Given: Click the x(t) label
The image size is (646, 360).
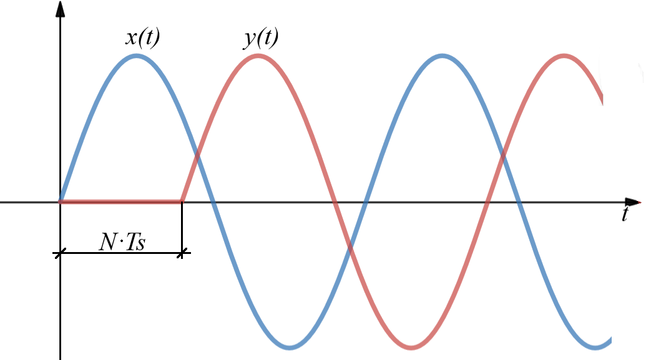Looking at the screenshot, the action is coord(142,38).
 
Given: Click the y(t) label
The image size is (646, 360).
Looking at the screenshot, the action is coord(261,38).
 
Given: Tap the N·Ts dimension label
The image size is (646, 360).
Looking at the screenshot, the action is coord(122,242).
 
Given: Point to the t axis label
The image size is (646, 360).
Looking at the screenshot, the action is coord(625,214).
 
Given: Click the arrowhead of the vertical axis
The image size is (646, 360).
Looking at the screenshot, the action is coord(60,9).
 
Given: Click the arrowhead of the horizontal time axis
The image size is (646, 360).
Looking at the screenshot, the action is coord(633,202).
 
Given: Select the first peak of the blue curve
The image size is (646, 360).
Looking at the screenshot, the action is coord(136,56).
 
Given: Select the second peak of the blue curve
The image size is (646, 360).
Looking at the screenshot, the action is coord(442,56).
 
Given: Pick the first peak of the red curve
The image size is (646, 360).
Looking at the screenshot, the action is coord(258,56).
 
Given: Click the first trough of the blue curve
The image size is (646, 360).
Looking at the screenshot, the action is coord(290,348).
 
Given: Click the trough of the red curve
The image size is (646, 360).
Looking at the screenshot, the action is coord(411,348).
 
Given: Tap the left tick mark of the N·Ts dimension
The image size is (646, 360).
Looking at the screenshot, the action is coord(60,253).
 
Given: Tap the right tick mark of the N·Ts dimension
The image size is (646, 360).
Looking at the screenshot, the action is coord(182,253).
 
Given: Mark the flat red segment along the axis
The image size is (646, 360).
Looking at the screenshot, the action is coord(120,202).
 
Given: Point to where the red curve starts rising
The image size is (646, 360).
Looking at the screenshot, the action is coord(182,202).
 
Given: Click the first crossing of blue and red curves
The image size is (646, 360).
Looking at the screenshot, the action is coord(197,156).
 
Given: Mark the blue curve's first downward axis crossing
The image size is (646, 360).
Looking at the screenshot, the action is coord(213,202).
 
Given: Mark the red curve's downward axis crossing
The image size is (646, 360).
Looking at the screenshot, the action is coord(335,202).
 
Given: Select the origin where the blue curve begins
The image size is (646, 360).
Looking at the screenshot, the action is coord(61,202).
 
